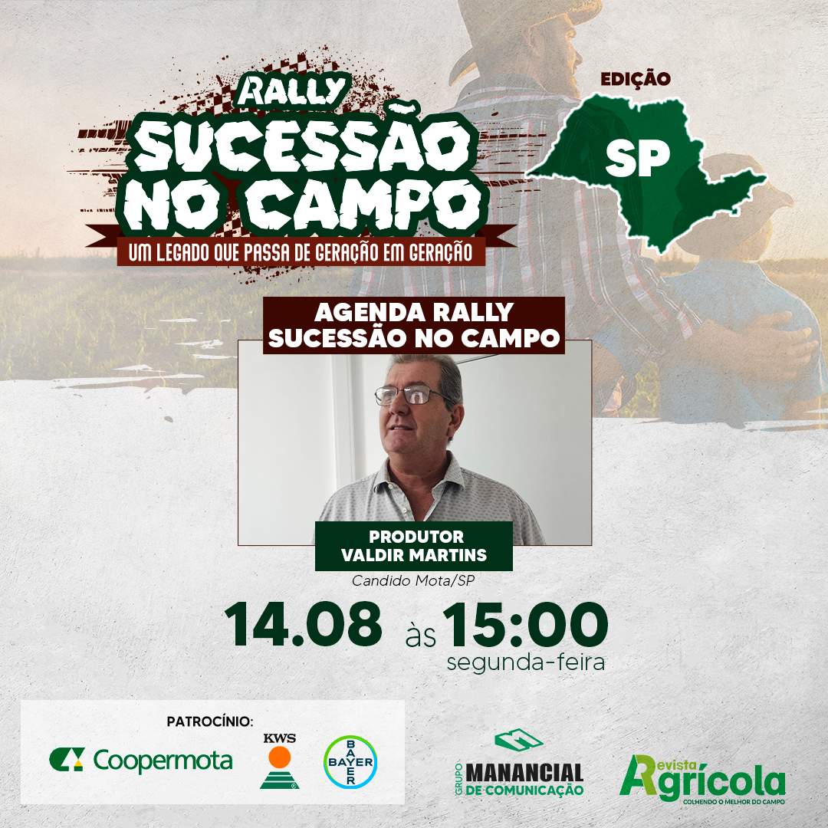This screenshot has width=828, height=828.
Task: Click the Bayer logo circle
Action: pyautogui.click(x=350, y=761)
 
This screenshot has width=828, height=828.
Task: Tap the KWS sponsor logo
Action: pyautogui.click(x=279, y=761)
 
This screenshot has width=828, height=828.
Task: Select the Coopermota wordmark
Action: pyautogui.click(x=163, y=761)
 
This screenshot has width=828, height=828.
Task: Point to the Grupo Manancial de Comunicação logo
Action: pyautogui.click(x=519, y=763)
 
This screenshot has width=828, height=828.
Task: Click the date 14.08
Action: pyautogui.click(x=303, y=624)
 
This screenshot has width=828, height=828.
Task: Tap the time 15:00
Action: pyautogui.click(x=525, y=624)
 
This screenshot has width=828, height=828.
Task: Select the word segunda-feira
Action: pyautogui.click(x=525, y=662)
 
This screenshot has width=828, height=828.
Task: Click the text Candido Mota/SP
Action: pyautogui.click(x=413, y=581)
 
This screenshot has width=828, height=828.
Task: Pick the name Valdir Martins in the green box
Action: pyautogui.click(x=414, y=555)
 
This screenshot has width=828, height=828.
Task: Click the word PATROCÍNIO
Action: pyautogui.click(x=210, y=721)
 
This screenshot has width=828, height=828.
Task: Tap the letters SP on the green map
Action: pyautogui.click(x=638, y=159)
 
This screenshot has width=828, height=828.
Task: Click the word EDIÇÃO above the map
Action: pyautogui.click(x=636, y=79)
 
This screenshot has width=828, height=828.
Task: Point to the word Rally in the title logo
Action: pyautogui.click(x=291, y=90)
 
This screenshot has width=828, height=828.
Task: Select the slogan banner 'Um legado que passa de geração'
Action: pyautogui.click(x=301, y=252)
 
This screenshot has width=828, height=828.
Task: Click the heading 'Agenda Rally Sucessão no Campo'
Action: pyautogui.click(x=414, y=325)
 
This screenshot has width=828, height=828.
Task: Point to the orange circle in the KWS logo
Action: pyautogui.click(x=279, y=757)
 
